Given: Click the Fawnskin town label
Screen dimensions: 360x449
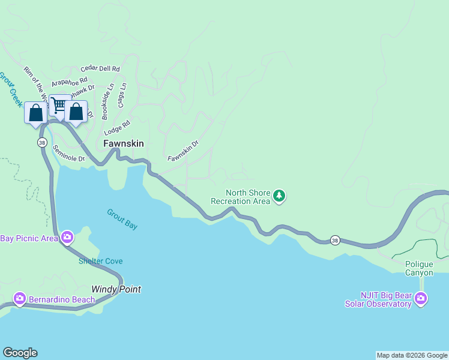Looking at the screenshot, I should pyautogui.click(x=123, y=144).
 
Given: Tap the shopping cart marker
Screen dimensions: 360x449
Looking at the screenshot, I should pyautogui.click(x=59, y=106).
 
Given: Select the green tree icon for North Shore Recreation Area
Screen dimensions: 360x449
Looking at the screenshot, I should pyautogui.click(x=279, y=196).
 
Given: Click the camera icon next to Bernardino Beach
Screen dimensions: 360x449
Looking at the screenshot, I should pyautogui.click(x=20, y=299).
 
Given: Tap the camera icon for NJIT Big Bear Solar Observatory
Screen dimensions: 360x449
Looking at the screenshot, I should pyautogui.click(x=421, y=298).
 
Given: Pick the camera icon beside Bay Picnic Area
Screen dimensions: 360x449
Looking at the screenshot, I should pyautogui.click(x=67, y=238).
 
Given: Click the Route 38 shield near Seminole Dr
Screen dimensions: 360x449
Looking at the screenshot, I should pyautogui.click(x=41, y=142).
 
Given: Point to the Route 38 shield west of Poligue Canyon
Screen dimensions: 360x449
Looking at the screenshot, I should pyautogui.click(x=335, y=240).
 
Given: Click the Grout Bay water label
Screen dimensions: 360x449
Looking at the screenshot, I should pyautogui.click(x=122, y=219).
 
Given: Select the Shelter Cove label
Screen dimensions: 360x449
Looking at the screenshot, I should pyautogui.click(x=100, y=261).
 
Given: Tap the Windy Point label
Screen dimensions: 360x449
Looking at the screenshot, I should pyautogui.click(x=116, y=289).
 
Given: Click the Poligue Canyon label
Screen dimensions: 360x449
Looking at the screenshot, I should pyautogui.click(x=419, y=268).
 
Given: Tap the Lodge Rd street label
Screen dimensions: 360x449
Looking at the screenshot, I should pyautogui.click(x=117, y=128).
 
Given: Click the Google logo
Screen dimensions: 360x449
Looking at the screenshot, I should pyautogui.click(x=20, y=353).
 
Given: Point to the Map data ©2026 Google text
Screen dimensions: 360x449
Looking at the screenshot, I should pyautogui.click(x=412, y=355).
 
